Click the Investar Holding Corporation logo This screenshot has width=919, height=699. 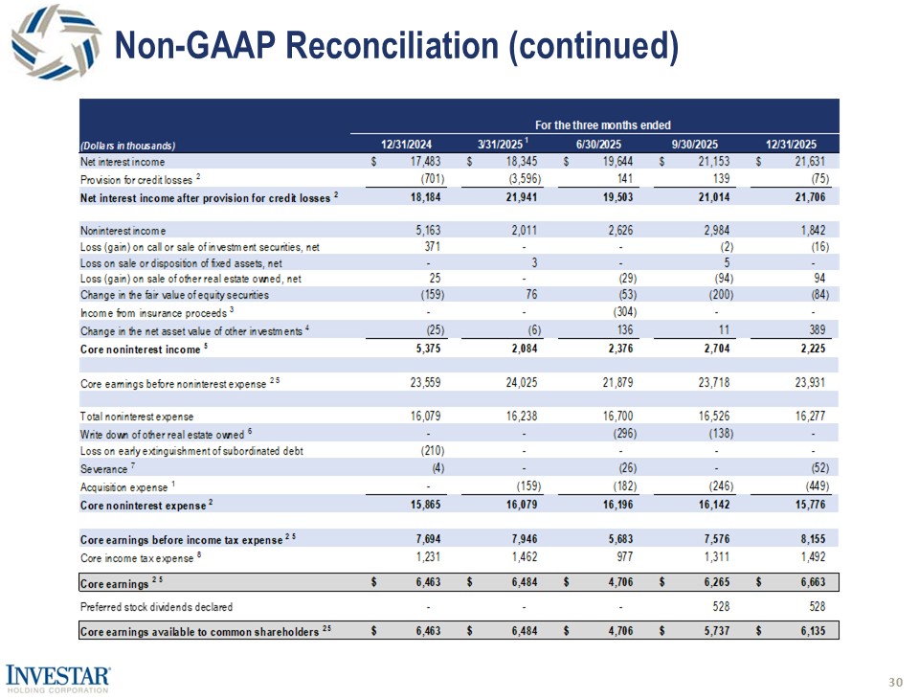pos(56,678)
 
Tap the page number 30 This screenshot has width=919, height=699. pos(896,682)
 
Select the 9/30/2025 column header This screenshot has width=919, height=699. pos(695,145)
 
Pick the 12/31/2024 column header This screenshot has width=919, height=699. pos(407,145)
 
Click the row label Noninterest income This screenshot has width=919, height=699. pos(123,230)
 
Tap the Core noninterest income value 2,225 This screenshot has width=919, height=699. pos(819,349)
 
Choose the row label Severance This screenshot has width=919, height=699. pos(103,469)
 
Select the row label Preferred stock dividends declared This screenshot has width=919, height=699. pos(156,606)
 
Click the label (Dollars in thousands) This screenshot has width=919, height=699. pos(128,146)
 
